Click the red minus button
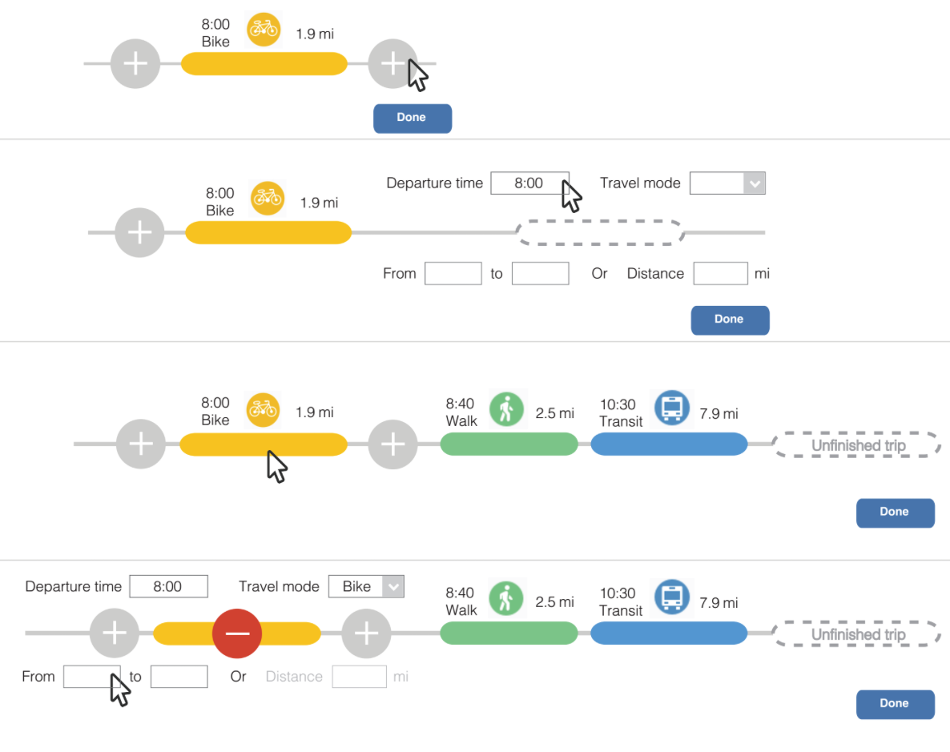point(237,633)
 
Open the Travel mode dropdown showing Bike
point(367,586)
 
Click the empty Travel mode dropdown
point(727,183)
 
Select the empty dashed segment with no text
point(601,233)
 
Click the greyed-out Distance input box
point(359,677)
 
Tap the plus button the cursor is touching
point(392,64)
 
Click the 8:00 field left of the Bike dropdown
point(168,586)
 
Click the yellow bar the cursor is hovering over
point(264,444)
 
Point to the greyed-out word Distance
point(293,677)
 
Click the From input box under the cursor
point(91,677)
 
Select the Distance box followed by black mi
point(720,273)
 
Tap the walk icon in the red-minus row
point(505,598)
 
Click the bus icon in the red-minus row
point(671,597)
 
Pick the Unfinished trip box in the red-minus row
point(857,634)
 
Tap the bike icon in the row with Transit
point(262,408)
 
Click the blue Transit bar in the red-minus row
point(669,633)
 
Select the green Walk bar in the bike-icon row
point(509,444)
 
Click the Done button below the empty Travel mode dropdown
point(730,320)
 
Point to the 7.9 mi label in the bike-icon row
point(719,413)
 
